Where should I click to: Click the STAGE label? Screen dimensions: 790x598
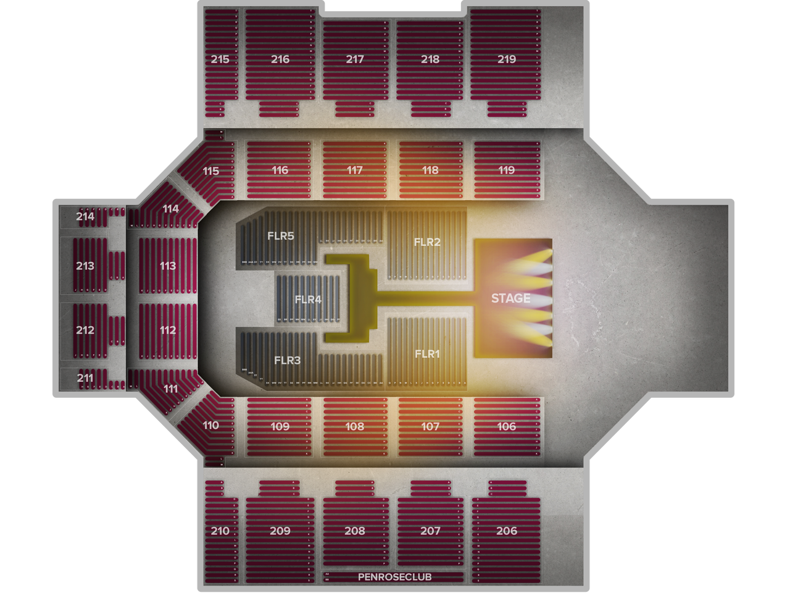[x=510, y=298]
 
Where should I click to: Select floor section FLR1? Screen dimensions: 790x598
[x=427, y=354]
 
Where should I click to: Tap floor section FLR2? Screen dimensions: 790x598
[x=427, y=242]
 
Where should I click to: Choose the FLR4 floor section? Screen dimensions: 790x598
[x=308, y=300]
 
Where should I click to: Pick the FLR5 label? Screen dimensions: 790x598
[x=281, y=235]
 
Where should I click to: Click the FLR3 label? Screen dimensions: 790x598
[x=287, y=360]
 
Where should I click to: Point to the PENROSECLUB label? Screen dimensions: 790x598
[x=394, y=577]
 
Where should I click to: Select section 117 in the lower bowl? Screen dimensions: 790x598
[x=355, y=170]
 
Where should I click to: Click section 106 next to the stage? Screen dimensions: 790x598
[x=507, y=426]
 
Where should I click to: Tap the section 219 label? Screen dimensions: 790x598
[x=507, y=59]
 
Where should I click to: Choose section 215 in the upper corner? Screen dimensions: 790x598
[x=220, y=59]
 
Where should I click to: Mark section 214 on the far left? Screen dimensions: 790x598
[x=85, y=216]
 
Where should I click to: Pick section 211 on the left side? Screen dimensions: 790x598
[x=85, y=377]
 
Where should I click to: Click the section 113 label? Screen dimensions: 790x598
[x=168, y=266]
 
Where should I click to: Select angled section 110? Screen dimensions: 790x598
[x=210, y=425]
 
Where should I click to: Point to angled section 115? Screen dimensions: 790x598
[x=211, y=171]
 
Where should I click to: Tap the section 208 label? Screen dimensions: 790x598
[x=355, y=531]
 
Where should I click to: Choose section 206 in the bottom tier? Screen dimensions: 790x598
[x=507, y=531]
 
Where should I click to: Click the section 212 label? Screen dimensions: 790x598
[x=85, y=330]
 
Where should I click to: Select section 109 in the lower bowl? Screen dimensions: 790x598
[x=280, y=426]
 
